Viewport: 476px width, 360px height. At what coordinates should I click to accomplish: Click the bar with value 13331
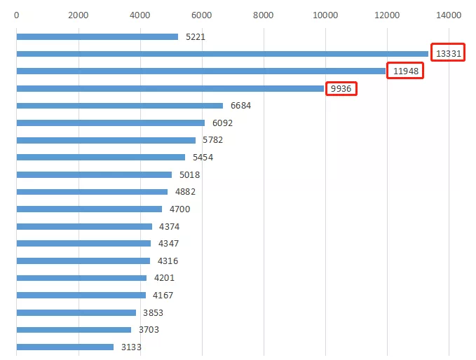coord(222,54)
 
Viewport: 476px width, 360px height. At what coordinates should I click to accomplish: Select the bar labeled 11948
coord(200,71)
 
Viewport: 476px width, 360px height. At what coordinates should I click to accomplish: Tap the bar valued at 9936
coord(170,88)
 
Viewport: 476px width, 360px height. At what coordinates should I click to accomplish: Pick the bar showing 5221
coord(97,36)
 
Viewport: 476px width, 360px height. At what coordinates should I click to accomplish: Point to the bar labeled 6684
coord(119,106)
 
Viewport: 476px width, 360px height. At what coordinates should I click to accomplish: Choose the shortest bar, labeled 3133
coord(64,347)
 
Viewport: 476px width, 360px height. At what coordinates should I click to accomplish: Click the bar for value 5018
coord(94,174)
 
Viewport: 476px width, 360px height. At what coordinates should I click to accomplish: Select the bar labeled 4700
coord(89,209)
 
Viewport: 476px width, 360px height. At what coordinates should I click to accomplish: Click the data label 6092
coord(222,123)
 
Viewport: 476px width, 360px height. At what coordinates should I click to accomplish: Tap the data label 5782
coord(213,140)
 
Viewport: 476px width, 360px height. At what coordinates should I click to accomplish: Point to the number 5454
coord(203,158)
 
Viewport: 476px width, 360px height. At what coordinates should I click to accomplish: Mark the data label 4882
coord(185,192)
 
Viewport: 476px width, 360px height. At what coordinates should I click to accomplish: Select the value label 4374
coord(169,226)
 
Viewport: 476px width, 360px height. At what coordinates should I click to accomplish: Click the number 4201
coord(164,278)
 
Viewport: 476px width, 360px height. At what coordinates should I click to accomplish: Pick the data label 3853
coord(153,312)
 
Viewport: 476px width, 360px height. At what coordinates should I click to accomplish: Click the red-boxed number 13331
coord(448,54)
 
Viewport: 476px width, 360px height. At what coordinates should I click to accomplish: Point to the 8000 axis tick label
coord(264,15)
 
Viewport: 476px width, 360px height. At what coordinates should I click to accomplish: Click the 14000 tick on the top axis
coord(449,15)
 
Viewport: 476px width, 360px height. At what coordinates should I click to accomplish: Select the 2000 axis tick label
coord(79,15)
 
